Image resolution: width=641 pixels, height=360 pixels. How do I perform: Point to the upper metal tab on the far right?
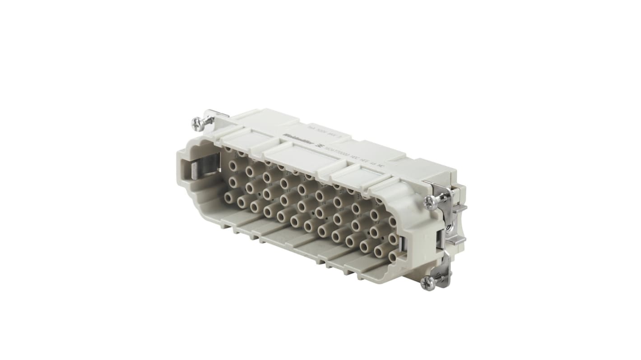tap(460, 210)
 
